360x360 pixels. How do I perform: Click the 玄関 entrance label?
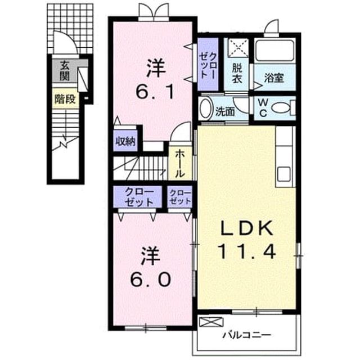point(65,71)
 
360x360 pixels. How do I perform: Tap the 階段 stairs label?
point(65,99)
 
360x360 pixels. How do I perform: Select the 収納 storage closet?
point(125,141)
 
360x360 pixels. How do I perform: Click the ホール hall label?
point(180,164)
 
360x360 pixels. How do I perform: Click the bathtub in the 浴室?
point(275,51)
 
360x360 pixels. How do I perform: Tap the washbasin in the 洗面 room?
point(205,108)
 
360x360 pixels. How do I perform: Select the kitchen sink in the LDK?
point(284,174)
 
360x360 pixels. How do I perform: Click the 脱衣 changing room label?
point(237,73)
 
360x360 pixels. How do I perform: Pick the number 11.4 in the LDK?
point(247,251)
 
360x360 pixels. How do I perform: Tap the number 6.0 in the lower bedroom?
point(151,280)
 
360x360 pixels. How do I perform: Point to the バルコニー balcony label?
point(246,335)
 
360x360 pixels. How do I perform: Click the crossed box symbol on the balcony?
point(211,322)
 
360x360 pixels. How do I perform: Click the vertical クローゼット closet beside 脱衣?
point(208,65)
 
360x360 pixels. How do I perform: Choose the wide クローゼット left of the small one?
point(138,197)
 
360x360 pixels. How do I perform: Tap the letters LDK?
point(247,228)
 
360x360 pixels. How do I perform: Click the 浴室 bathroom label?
point(274,78)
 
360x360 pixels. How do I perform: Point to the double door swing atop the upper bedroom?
point(154,11)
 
